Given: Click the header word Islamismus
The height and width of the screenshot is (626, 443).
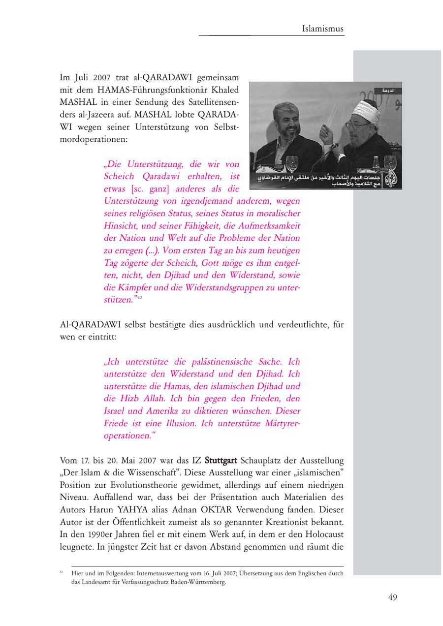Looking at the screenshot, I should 323,29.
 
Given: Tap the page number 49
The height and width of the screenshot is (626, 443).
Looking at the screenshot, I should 392,597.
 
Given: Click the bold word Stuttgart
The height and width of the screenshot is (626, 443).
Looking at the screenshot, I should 221,461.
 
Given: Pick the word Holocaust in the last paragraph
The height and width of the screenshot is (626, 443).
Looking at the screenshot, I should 321,534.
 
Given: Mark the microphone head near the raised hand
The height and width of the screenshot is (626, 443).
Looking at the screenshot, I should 335,146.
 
